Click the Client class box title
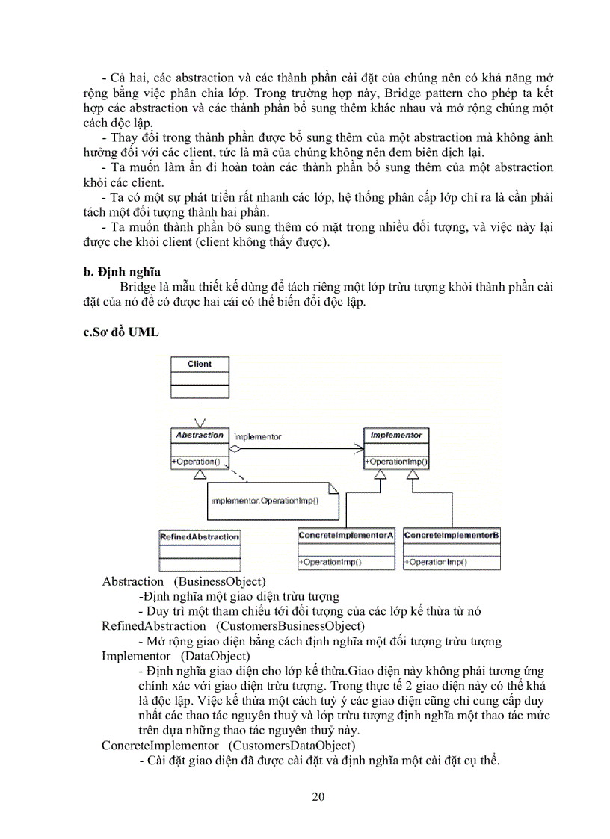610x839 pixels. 200,365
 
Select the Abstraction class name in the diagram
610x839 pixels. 199,435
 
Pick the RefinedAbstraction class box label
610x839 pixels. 200,536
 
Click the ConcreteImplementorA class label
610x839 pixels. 345,536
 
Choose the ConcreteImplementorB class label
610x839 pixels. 452,536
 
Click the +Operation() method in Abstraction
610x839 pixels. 197,462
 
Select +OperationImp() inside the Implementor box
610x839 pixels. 396,462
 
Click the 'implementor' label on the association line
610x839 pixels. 258,436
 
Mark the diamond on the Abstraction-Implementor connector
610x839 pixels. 235,449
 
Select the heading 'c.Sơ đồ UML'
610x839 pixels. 121,332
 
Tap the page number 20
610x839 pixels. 318,796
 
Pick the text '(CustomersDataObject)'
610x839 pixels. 292,746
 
